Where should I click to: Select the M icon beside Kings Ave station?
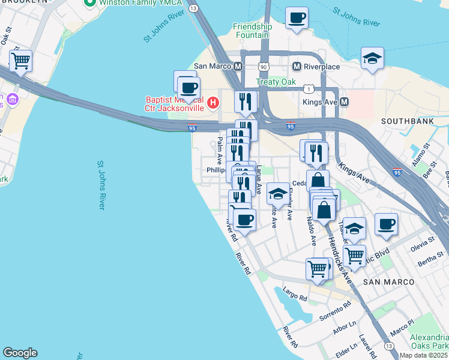tap(345, 102)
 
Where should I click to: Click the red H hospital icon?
tap(212, 104)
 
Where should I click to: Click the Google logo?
tap(20, 353)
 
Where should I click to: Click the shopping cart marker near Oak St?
tap(20, 61)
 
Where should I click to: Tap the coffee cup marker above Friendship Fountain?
tap(296, 18)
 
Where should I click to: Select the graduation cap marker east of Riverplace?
tap(372, 58)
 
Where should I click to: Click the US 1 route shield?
tap(307, 89)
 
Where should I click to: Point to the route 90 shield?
tap(264, 66)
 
